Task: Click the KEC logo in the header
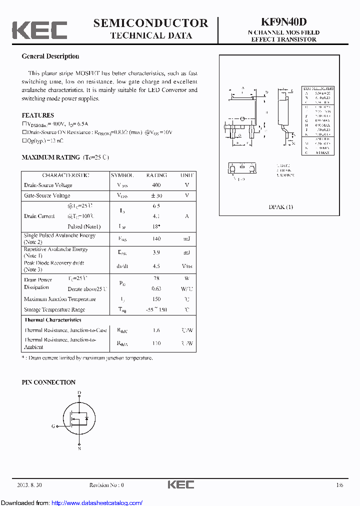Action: (39, 30)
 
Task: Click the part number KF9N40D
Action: (283, 22)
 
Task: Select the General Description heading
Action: (50, 56)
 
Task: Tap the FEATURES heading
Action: (38, 115)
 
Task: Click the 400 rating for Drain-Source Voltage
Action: (156, 185)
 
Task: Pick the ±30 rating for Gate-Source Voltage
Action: (156, 195)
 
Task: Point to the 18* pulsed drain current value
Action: (156, 226)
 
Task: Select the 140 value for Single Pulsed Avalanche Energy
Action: (156, 239)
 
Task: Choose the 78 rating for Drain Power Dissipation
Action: (156, 278)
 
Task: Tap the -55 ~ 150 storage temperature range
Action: (156, 309)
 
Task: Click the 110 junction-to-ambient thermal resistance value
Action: (156, 343)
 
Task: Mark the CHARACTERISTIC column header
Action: (65, 175)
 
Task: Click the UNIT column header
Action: (187, 175)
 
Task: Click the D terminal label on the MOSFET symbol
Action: (79, 393)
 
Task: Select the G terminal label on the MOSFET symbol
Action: (53, 426)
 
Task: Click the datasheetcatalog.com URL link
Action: (97, 502)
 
